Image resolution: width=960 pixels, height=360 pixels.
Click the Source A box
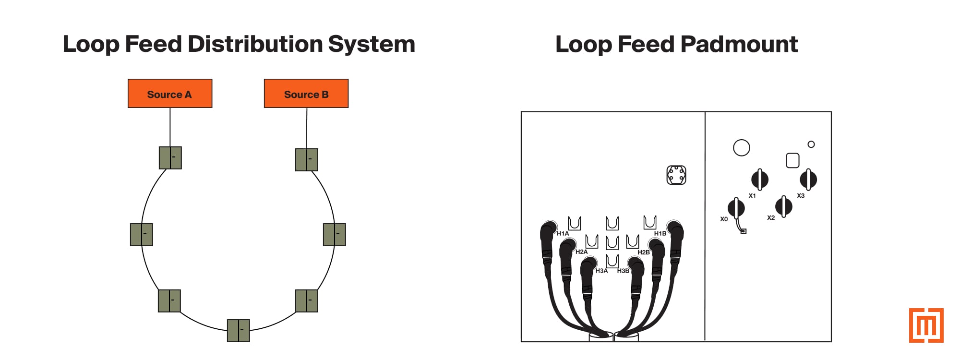click(169, 94)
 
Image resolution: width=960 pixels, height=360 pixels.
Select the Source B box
click(306, 94)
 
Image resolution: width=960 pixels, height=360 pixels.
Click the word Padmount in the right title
click(739, 45)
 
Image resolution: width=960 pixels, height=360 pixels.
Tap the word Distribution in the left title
click(255, 44)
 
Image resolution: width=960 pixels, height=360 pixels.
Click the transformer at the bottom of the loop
click(238, 330)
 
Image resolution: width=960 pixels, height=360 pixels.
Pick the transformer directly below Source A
click(170, 158)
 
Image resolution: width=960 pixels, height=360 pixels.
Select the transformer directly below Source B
click(307, 160)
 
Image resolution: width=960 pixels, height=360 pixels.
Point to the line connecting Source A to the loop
click(170, 127)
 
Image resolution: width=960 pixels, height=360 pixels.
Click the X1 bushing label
click(752, 196)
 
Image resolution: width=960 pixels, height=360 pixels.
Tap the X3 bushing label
click(801, 196)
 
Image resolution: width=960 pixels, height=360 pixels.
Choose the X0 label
click(724, 219)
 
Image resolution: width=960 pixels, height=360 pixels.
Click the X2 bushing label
click(771, 218)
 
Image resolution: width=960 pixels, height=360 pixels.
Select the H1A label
click(563, 234)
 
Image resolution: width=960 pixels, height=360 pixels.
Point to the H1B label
click(660, 234)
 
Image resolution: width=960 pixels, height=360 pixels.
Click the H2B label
click(644, 252)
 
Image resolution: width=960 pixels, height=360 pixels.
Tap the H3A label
click(601, 271)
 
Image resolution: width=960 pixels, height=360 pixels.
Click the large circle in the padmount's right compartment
click(742, 148)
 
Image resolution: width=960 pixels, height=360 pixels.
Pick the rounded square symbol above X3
click(792, 160)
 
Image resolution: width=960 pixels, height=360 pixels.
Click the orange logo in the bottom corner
click(926, 325)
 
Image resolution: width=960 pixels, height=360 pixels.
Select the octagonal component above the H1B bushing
click(676, 175)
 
